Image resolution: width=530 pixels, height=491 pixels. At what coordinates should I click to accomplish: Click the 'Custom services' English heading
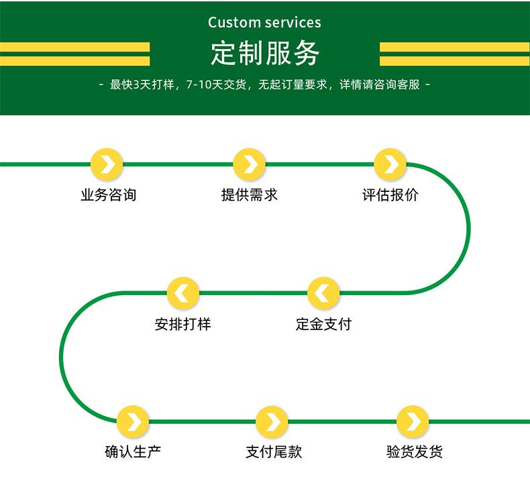pos(264,22)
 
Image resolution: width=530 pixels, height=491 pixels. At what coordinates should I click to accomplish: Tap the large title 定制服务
pos(264,54)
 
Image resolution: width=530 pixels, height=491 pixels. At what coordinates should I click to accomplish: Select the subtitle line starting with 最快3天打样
pos(264,85)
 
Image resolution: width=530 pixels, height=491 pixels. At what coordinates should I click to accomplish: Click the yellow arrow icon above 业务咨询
pos(107,164)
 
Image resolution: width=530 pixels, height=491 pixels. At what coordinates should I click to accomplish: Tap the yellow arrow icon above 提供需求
pos(250,164)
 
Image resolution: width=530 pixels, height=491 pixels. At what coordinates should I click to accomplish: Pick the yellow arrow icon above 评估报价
pos(390,164)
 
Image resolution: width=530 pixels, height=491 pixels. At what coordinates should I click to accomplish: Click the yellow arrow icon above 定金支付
pos(323,293)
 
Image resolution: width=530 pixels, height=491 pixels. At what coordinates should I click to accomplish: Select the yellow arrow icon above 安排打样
pos(183,293)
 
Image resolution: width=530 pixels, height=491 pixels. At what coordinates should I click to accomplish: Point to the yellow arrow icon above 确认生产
pos(133,422)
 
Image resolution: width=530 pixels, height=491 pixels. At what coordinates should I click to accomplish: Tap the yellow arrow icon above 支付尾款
pos(272,422)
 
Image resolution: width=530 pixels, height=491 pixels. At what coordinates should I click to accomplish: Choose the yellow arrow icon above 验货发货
pos(413,422)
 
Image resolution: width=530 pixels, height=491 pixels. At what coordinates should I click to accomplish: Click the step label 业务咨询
pos(108,195)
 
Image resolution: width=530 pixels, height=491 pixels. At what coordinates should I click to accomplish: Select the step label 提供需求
pos(250,195)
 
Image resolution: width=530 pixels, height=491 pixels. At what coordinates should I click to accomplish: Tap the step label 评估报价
pos(390,195)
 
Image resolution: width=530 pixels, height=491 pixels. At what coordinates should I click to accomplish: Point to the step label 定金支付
pos(323,325)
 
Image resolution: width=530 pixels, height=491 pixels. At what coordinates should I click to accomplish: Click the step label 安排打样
pos(183,325)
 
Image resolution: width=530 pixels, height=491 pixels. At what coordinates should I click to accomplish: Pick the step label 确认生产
pos(133,452)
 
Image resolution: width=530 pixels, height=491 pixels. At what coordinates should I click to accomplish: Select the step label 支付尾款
pos(274,452)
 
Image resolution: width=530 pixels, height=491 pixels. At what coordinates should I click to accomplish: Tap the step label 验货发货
pos(414,452)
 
